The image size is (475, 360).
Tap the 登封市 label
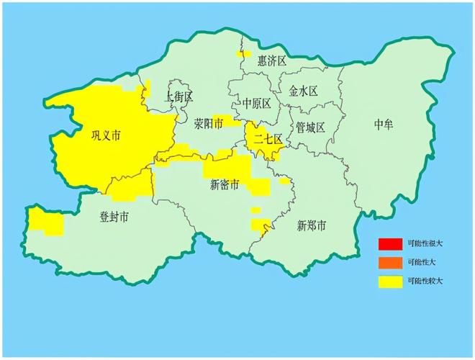pos(114,216)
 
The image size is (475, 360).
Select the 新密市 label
pos(225,184)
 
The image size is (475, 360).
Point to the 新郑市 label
pos(312,225)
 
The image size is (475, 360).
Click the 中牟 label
pos(384,125)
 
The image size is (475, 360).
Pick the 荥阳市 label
pos(208,124)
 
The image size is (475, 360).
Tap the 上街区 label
pos(179,96)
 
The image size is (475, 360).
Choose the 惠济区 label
pos(272,61)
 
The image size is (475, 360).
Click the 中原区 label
pos(256,103)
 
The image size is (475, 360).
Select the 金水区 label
pos(303,91)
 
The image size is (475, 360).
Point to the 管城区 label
pos(310,127)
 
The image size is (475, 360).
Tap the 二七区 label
pos(267,140)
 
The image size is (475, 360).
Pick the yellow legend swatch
pos(391,281)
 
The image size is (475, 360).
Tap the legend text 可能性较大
pos(425,281)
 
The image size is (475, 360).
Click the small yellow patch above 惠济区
pos(243,53)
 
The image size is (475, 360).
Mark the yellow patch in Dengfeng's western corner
pos(45,221)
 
